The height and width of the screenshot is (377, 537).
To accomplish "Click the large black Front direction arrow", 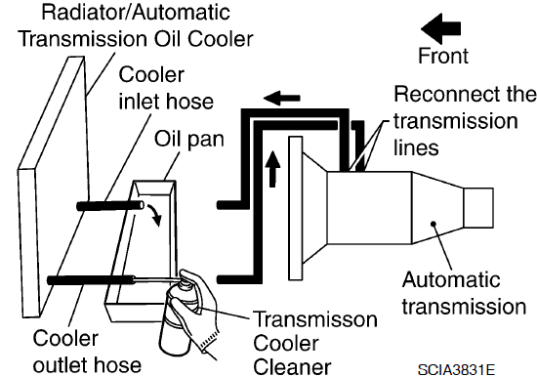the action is click(x=440, y=28).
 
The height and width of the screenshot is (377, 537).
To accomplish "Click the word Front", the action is click(x=443, y=56).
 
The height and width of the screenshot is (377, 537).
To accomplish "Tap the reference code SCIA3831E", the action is click(x=456, y=370).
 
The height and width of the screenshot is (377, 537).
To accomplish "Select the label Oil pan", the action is click(x=189, y=139).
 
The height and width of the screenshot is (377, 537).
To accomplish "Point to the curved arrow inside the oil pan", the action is click(x=154, y=215).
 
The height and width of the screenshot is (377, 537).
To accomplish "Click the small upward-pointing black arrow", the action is click(x=272, y=169).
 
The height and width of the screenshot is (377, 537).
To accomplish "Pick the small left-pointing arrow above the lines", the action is click(x=281, y=98).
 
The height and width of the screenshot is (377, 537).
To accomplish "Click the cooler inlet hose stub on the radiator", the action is click(x=110, y=206).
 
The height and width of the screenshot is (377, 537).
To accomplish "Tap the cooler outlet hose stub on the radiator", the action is click(x=91, y=280).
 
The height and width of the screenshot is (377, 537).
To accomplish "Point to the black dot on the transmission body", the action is click(x=434, y=224).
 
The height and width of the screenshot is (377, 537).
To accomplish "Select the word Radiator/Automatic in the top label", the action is click(x=136, y=13).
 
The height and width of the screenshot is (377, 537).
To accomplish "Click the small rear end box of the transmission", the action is click(x=478, y=208).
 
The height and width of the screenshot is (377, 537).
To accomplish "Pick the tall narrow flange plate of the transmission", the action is click(x=296, y=208).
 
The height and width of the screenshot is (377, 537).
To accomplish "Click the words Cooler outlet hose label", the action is click(x=87, y=352).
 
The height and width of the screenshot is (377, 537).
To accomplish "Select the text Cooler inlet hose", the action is click(x=166, y=89).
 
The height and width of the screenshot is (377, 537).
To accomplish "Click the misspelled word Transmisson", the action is click(x=315, y=319).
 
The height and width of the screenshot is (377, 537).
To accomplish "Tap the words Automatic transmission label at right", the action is click(x=464, y=293).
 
